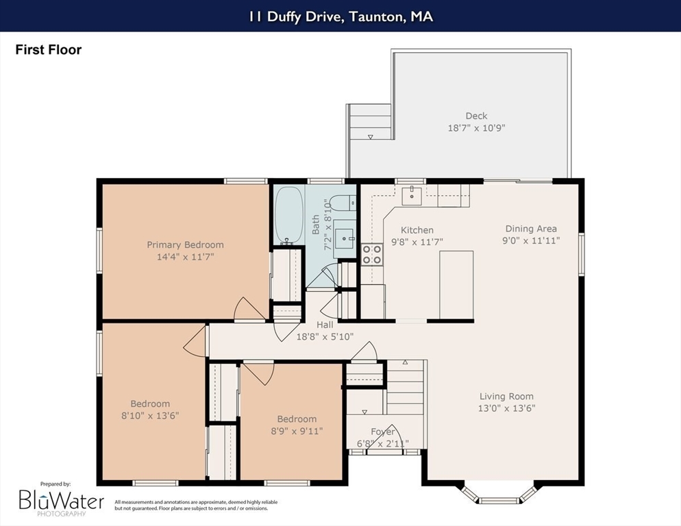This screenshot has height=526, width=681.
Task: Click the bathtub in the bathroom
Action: point(289,214)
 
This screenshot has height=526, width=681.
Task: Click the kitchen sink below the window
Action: point(411,195)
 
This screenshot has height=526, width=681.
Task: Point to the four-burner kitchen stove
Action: point(372,255)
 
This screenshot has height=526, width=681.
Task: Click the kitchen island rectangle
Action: point(456,285)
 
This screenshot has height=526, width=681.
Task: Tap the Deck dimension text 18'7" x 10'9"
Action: point(476,128)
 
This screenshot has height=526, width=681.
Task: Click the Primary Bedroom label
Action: point(186,245)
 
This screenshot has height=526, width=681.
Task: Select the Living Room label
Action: point(506,396)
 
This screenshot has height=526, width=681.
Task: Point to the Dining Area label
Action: point(531,229)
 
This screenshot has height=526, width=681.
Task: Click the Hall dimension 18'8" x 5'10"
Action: point(325,336)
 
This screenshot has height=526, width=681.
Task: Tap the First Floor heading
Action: point(48,50)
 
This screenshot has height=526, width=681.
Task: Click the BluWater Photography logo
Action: point(61,500)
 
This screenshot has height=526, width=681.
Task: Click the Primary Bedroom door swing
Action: point(249,309)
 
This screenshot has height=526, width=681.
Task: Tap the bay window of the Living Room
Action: point(499,494)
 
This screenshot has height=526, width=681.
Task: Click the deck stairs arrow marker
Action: point(371,137)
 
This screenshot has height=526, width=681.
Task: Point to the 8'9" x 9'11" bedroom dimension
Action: point(297,431)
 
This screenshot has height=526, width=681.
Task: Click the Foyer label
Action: point(383,431)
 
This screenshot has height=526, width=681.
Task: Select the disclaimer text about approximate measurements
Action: point(196,505)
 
